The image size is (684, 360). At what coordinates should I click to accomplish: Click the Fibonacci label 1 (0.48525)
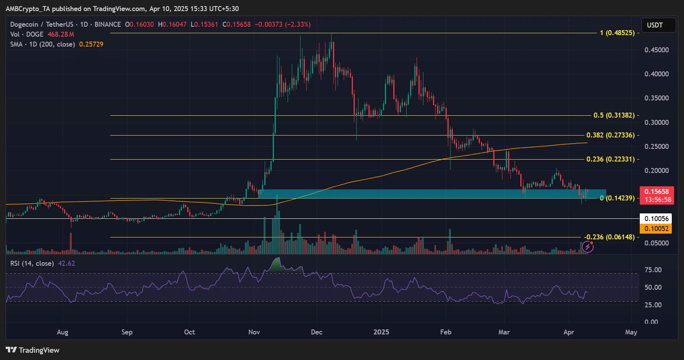[617, 33]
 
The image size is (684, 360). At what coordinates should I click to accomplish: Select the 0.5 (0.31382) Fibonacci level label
[614, 115]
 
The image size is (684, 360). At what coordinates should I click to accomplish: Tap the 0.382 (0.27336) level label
[610, 135]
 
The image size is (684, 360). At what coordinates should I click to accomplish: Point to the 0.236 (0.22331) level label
[610, 159]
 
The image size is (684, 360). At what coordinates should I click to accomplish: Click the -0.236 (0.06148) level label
[610, 237]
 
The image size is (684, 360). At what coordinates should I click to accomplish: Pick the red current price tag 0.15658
[657, 192]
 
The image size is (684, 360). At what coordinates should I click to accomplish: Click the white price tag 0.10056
[656, 219]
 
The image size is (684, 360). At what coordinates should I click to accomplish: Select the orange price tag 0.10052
[656, 229]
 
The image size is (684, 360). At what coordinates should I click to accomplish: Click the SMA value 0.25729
[91, 44]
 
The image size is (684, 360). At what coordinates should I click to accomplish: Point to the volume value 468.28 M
[61, 34]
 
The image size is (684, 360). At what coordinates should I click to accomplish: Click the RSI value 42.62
[66, 263]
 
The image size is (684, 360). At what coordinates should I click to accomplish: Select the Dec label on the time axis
[317, 332]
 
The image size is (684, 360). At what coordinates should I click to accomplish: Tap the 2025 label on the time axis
[381, 332]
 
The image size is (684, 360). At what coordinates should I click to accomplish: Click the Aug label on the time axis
[63, 332]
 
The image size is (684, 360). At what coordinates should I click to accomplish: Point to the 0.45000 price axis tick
[657, 50]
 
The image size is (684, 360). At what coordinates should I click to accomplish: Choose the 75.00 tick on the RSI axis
[653, 270]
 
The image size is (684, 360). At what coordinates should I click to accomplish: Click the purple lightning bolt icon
[587, 247]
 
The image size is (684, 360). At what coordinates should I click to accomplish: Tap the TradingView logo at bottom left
[33, 350]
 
